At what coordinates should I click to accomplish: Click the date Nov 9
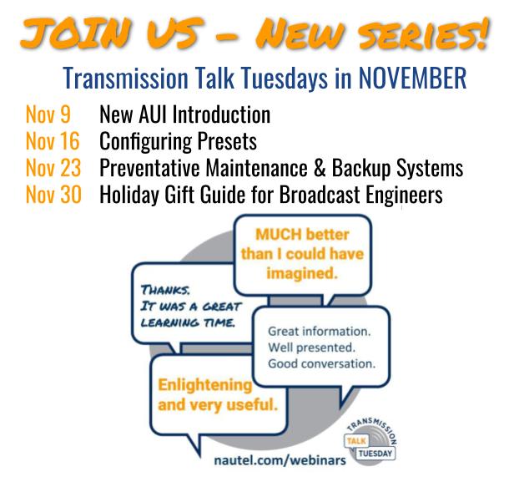click(47, 113)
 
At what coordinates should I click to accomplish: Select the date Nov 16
click(52, 140)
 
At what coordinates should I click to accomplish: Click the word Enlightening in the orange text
click(206, 386)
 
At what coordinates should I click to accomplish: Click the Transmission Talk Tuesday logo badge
click(364, 438)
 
